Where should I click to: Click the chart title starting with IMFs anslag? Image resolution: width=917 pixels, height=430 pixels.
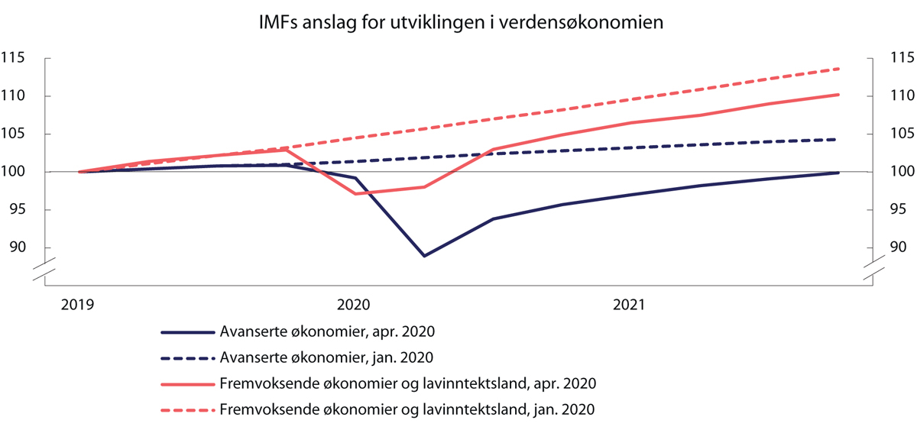pyautogui.click(x=458, y=23)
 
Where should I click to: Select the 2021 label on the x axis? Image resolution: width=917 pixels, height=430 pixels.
pyautogui.click(x=627, y=305)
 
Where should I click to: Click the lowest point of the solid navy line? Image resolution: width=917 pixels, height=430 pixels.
pyautogui.click(x=424, y=256)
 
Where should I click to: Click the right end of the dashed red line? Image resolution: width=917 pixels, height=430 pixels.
pyautogui.click(x=839, y=69)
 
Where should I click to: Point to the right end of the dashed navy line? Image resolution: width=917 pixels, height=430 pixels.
pyautogui.click(x=839, y=139)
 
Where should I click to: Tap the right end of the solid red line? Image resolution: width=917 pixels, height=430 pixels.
pyautogui.click(x=839, y=95)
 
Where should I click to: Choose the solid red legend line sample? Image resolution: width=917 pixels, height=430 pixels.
pyautogui.click(x=187, y=383)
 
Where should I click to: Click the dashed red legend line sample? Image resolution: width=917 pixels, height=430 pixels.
pyautogui.click(x=187, y=409)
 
